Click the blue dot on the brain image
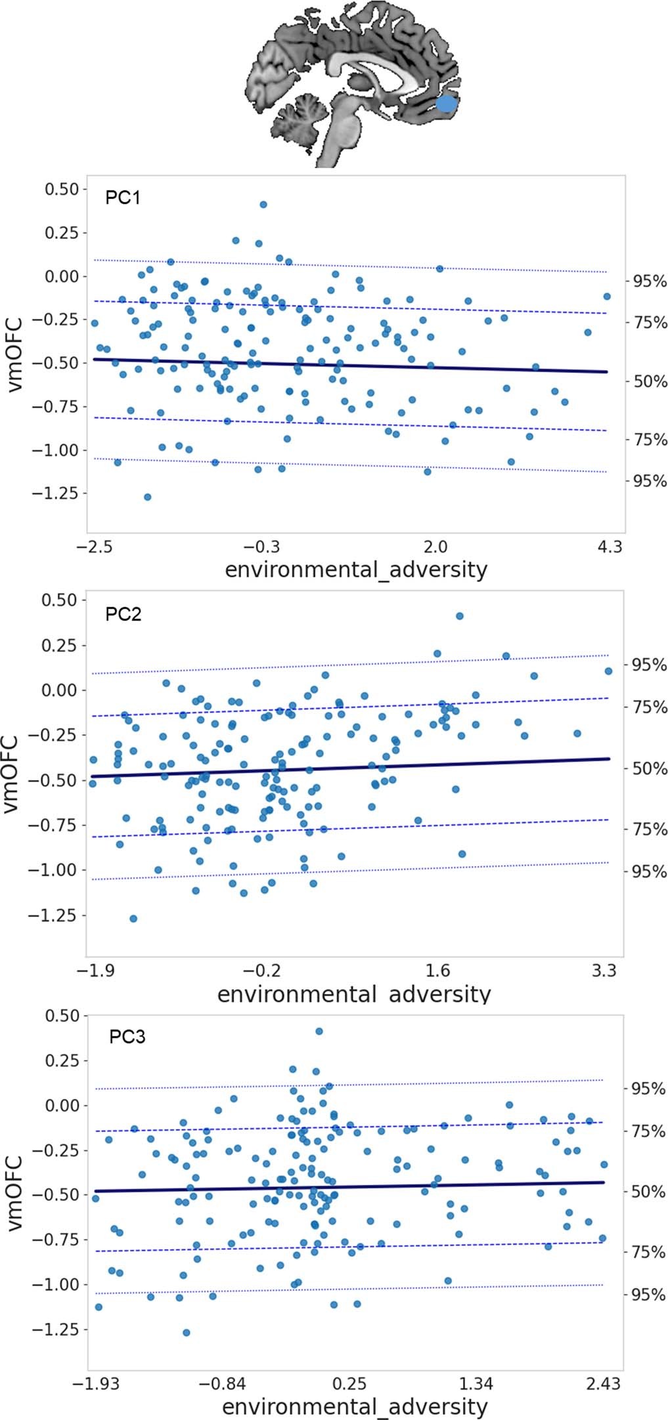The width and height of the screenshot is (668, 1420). [446, 104]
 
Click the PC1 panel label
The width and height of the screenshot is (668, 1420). [123, 198]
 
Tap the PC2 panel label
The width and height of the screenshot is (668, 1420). [123, 614]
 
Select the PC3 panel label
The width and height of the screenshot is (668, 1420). [127, 1037]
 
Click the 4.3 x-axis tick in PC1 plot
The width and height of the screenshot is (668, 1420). [610, 547]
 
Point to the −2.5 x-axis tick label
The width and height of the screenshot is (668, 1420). [95, 547]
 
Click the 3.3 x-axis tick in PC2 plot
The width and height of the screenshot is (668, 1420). [604, 971]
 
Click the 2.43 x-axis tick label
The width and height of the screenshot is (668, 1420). [602, 1384]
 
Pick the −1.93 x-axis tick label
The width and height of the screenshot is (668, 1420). [96, 1384]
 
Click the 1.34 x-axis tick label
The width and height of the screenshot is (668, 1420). [476, 1384]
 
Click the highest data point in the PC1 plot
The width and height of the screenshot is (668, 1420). [263, 205]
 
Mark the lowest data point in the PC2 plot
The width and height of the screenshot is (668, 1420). [133, 919]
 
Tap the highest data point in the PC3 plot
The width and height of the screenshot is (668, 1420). [319, 1032]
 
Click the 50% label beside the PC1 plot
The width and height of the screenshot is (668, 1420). [650, 381]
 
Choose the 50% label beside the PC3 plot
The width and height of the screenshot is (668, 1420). [648, 1191]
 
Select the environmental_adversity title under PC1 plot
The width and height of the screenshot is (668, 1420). [356, 569]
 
